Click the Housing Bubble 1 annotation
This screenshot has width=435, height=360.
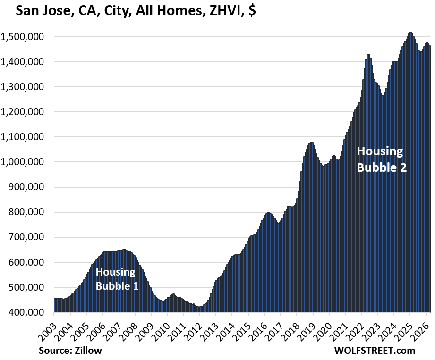[117, 279]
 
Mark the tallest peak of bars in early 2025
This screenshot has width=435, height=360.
[410, 33]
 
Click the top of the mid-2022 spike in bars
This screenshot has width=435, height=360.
[368, 55]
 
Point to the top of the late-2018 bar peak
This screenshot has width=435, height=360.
[311, 143]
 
